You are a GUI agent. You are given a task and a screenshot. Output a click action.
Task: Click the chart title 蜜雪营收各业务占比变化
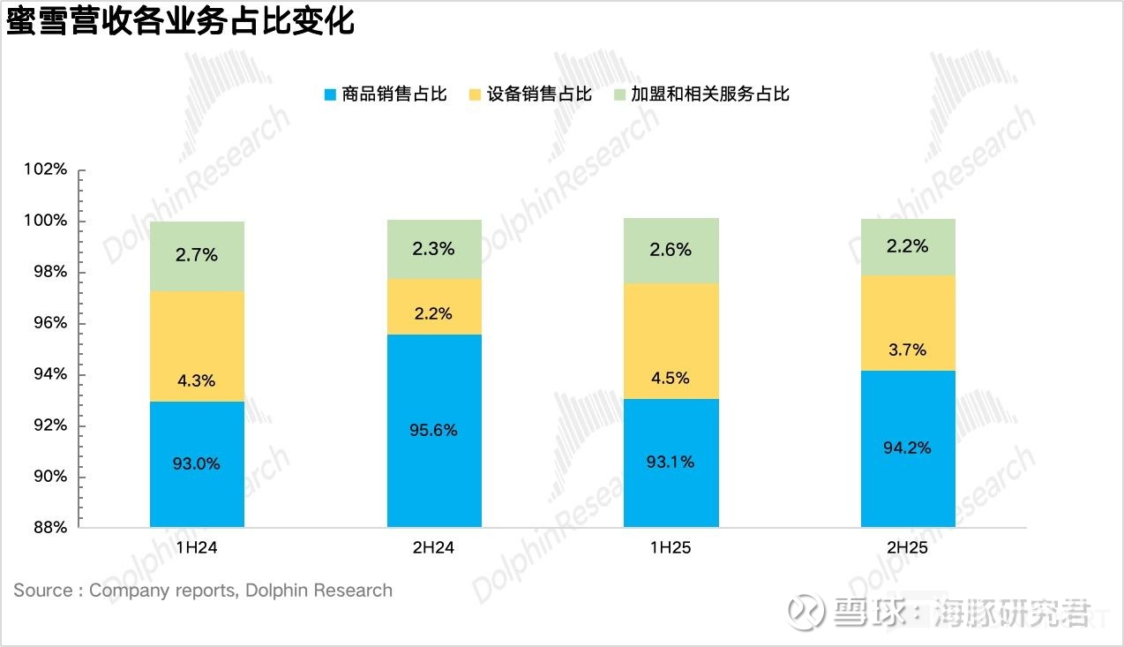coord(180,21)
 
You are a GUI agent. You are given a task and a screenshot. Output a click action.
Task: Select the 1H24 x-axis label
coord(197,548)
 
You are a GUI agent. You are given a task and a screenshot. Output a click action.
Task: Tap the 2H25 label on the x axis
coord(908,548)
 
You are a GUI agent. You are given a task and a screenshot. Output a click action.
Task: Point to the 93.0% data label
coord(197,463)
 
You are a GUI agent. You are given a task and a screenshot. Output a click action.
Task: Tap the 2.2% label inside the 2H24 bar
coord(433,313)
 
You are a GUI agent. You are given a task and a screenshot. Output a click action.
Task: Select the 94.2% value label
coord(908,448)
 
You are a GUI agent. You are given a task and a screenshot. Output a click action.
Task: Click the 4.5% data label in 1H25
coord(671,378)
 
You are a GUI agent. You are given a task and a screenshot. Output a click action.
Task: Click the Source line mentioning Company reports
coord(203,591)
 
